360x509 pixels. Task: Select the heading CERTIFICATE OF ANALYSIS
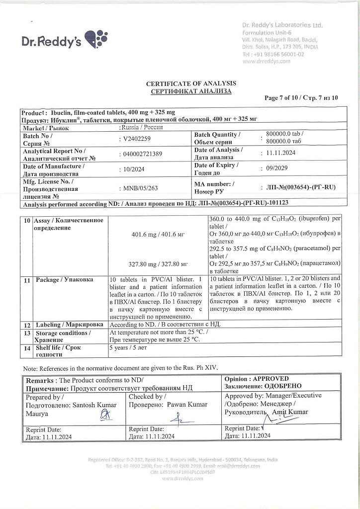(191, 84)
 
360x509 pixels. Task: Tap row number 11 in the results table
(27, 280)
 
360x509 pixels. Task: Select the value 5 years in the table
(119, 348)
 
